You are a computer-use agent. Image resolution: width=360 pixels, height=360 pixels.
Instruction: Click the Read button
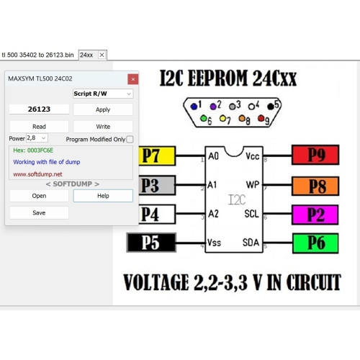(39, 127)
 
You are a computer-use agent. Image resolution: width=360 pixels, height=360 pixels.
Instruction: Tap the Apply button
(103, 109)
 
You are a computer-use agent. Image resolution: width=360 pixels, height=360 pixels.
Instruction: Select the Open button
(39, 196)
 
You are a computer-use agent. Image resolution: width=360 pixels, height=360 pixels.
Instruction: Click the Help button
(103, 196)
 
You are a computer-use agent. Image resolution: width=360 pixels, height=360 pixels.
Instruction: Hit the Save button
(39, 212)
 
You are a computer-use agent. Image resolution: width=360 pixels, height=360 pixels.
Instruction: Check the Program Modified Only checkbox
(130, 140)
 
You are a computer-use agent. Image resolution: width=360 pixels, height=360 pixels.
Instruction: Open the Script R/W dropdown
(103, 94)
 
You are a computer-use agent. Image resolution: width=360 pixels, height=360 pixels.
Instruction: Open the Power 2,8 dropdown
(37, 138)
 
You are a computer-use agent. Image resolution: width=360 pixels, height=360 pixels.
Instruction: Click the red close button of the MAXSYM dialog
(133, 79)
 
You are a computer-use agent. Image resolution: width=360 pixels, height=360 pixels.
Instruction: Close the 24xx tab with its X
(102, 55)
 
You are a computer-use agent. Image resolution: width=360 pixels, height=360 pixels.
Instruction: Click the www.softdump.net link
(37, 174)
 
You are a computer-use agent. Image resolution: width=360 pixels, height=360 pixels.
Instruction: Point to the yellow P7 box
(157, 156)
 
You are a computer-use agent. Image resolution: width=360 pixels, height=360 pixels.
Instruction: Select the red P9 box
(315, 155)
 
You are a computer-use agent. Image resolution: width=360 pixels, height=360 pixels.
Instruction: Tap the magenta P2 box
(315, 215)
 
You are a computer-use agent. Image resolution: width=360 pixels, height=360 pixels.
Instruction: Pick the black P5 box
(151, 243)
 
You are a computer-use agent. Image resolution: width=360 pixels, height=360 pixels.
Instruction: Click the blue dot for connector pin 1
(194, 107)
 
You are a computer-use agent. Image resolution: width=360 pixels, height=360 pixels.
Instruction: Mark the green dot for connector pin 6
(204, 118)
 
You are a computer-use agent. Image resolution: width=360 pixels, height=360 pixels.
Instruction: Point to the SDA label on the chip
(251, 243)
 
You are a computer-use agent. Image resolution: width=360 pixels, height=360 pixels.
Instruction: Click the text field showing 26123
(39, 109)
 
